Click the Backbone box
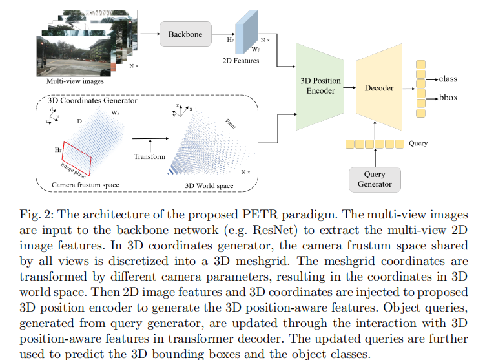click(186, 34)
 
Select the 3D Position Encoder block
click(318, 86)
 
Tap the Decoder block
click(378, 88)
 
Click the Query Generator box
click(375, 179)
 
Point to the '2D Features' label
click(241, 61)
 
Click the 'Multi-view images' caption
click(75, 81)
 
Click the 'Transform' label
click(149, 156)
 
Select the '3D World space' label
click(209, 186)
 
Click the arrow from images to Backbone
click(149, 34)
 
